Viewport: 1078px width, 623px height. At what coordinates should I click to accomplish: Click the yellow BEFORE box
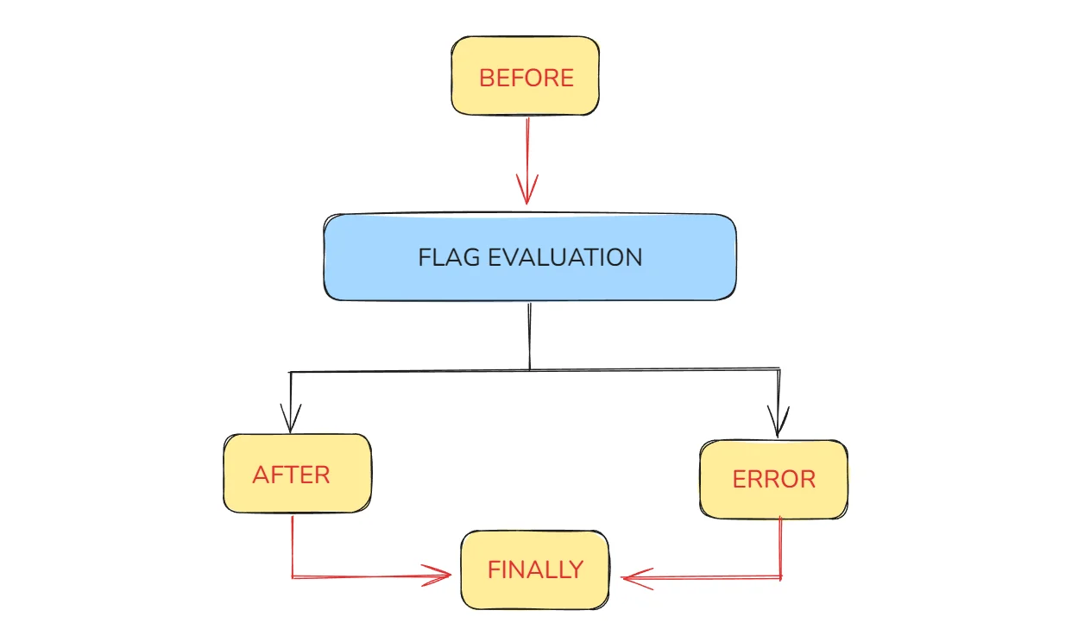(525, 76)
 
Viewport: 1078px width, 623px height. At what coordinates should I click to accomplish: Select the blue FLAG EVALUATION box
(530, 257)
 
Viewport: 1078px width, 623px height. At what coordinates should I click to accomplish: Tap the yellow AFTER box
(297, 474)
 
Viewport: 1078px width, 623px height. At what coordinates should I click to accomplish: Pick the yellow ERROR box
(773, 479)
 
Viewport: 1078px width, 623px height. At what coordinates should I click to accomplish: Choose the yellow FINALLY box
(534, 570)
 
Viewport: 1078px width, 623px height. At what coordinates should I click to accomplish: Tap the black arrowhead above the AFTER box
(291, 420)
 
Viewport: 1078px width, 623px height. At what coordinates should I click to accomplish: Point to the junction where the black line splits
(529, 370)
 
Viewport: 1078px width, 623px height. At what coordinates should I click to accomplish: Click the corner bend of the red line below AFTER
(293, 576)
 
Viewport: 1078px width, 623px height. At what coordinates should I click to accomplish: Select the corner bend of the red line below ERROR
(781, 577)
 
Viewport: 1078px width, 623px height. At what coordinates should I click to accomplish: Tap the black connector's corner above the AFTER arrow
(291, 372)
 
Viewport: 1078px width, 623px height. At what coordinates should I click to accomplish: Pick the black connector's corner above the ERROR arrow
(779, 370)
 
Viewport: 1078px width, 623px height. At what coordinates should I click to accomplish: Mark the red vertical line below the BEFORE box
(526, 147)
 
